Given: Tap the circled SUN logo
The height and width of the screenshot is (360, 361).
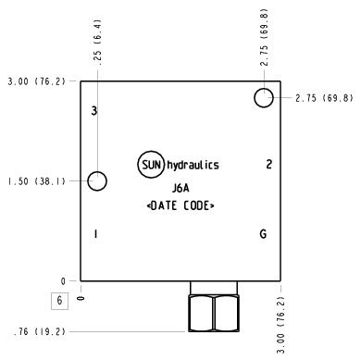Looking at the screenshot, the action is pos(151,165).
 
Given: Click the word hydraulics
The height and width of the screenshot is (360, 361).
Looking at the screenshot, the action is pos(193,165).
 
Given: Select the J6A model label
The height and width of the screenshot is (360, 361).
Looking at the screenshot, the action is pos(180,188).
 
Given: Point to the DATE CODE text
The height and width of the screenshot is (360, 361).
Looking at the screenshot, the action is pos(180,205).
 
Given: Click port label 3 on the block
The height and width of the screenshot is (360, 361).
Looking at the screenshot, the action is pos(94,111).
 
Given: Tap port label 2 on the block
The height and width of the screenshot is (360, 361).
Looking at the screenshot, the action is pos(269,164).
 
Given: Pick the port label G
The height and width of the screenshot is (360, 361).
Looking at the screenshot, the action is pos(263,234).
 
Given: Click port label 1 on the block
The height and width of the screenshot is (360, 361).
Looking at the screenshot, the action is pos(96,234).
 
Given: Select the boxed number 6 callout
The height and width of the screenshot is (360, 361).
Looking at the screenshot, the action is pos(59,301).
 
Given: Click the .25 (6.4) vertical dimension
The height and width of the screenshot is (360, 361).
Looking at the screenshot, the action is pos(98,43).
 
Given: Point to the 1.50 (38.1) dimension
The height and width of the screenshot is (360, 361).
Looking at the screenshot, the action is pos(37,181).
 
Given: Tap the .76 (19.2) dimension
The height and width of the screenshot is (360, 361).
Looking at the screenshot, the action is pos(40,332).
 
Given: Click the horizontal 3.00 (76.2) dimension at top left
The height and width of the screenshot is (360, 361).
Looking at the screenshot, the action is pos(37,81).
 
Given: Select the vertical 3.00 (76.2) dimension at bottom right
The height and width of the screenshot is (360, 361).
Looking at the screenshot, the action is pos(280,325).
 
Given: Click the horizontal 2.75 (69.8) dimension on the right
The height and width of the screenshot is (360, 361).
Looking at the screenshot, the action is pos(324,98).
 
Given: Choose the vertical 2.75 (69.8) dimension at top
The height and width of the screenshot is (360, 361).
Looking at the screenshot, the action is pos(264,37).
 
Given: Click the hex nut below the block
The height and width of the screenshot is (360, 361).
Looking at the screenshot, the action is pos(214,313).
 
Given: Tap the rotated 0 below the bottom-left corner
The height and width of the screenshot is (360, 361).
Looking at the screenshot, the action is pos(81,298).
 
